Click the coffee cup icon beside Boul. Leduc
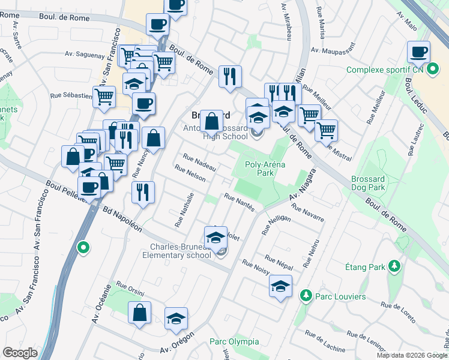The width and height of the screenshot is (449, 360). coord(418,52)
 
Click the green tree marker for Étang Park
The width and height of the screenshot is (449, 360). coord(394,266)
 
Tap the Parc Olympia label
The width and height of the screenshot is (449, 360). coord(234,342)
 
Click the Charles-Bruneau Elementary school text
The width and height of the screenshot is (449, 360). coord(181,251)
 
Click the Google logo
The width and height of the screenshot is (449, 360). coord(20,353)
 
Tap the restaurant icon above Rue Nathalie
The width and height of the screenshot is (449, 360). coord(142,193)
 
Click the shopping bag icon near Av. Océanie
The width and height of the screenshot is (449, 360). coord(139,313)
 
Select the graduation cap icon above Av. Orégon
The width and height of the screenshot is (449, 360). coord(176,319)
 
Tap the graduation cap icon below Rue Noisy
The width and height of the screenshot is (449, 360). coord(280,286)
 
